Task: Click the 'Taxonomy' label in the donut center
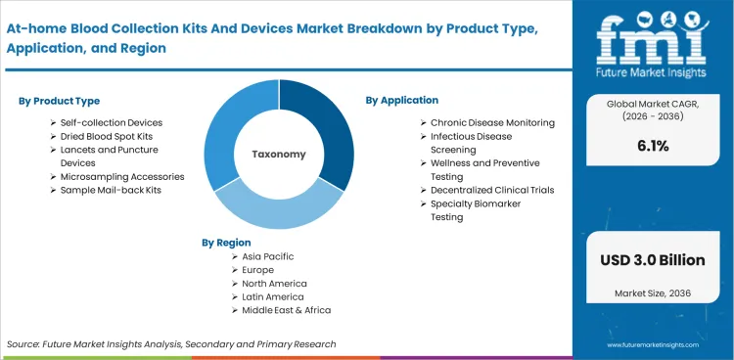279,155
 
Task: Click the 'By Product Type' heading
59,101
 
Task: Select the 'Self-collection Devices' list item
112,122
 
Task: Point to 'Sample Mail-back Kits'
111,190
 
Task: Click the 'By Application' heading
402,100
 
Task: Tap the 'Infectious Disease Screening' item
473,143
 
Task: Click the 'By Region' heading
226,242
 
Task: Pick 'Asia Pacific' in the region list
262,256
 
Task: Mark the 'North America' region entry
267,283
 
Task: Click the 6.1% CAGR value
653,146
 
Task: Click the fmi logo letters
653,36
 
